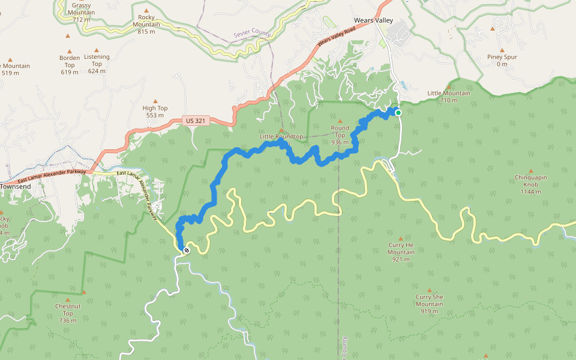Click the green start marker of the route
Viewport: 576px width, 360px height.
tap(398, 112)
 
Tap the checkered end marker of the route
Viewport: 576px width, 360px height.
tap(187, 250)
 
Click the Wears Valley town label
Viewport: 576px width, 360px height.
tap(373, 20)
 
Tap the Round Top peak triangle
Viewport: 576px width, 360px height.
tap(340, 121)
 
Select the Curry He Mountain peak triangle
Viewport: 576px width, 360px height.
tap(401, 238)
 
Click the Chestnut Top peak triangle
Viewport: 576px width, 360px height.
tap(68, 299)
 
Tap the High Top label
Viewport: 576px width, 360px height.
tap(155, 112)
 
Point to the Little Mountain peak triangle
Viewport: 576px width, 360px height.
tap(448, 86)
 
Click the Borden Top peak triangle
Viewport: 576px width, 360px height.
tap(69, 52)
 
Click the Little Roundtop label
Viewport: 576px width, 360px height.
tap(281, 137)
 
